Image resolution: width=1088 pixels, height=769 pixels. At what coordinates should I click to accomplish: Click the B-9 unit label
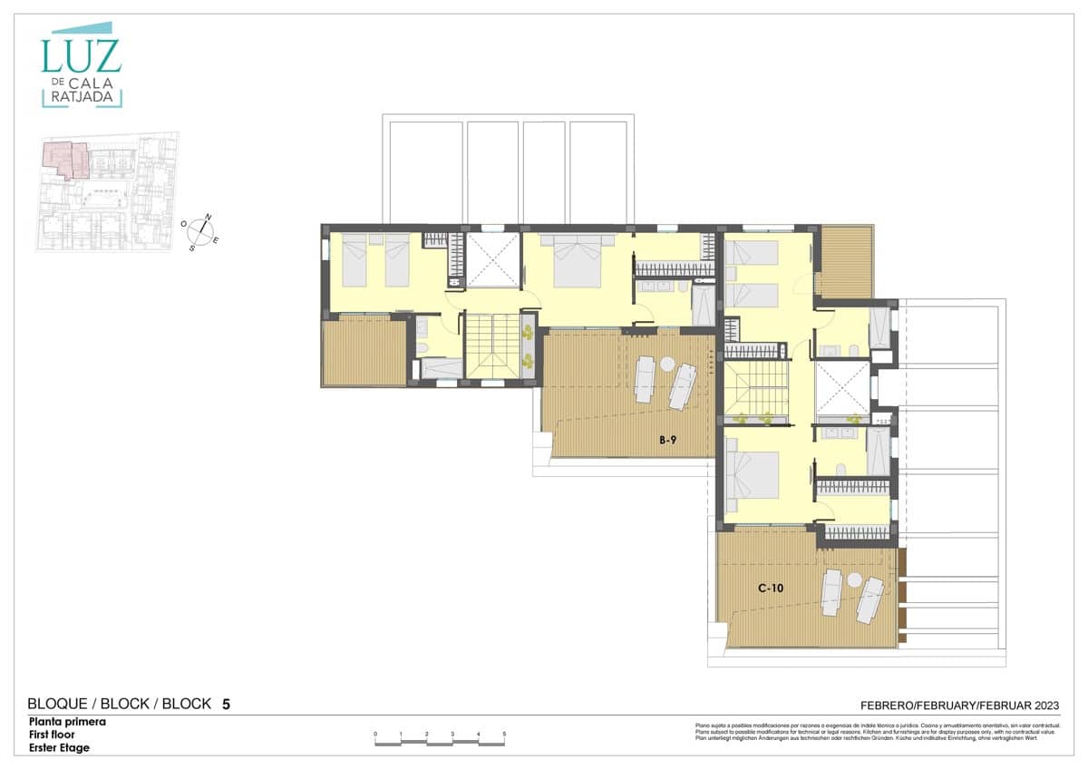point(668,441)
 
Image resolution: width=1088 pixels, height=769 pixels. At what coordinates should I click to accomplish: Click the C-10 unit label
point(770,589)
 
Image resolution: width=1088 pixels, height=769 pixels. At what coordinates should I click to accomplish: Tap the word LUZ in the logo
point(81,56)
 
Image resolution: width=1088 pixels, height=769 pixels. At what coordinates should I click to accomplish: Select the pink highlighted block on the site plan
point(65,158)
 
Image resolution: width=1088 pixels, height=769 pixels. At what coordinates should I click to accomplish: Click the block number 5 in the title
point(226,704)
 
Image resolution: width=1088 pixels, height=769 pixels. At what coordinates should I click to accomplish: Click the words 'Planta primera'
point(67,723)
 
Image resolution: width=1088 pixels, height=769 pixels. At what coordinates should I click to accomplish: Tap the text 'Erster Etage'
point(60,748)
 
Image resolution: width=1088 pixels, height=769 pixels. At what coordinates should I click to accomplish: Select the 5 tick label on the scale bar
point(504,734)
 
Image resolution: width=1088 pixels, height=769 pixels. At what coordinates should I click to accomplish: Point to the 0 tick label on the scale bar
point(375,734)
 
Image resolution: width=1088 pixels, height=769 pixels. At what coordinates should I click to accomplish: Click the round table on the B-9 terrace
point(667,365)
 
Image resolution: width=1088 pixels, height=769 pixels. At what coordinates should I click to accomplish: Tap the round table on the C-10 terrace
point(853,579)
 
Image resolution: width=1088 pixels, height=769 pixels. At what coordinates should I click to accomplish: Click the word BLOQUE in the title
point(57,704)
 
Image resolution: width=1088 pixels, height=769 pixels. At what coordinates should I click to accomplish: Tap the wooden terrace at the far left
point(364,352)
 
